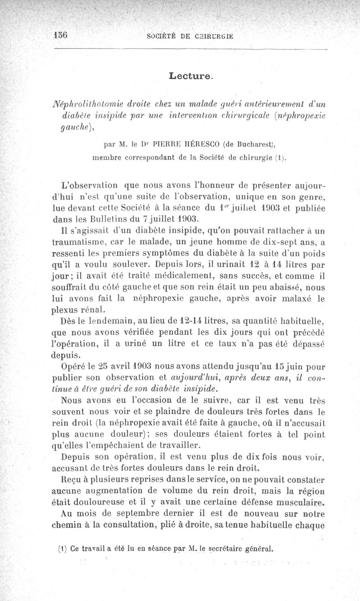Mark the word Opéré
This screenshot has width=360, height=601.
click(x=72, y=366)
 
